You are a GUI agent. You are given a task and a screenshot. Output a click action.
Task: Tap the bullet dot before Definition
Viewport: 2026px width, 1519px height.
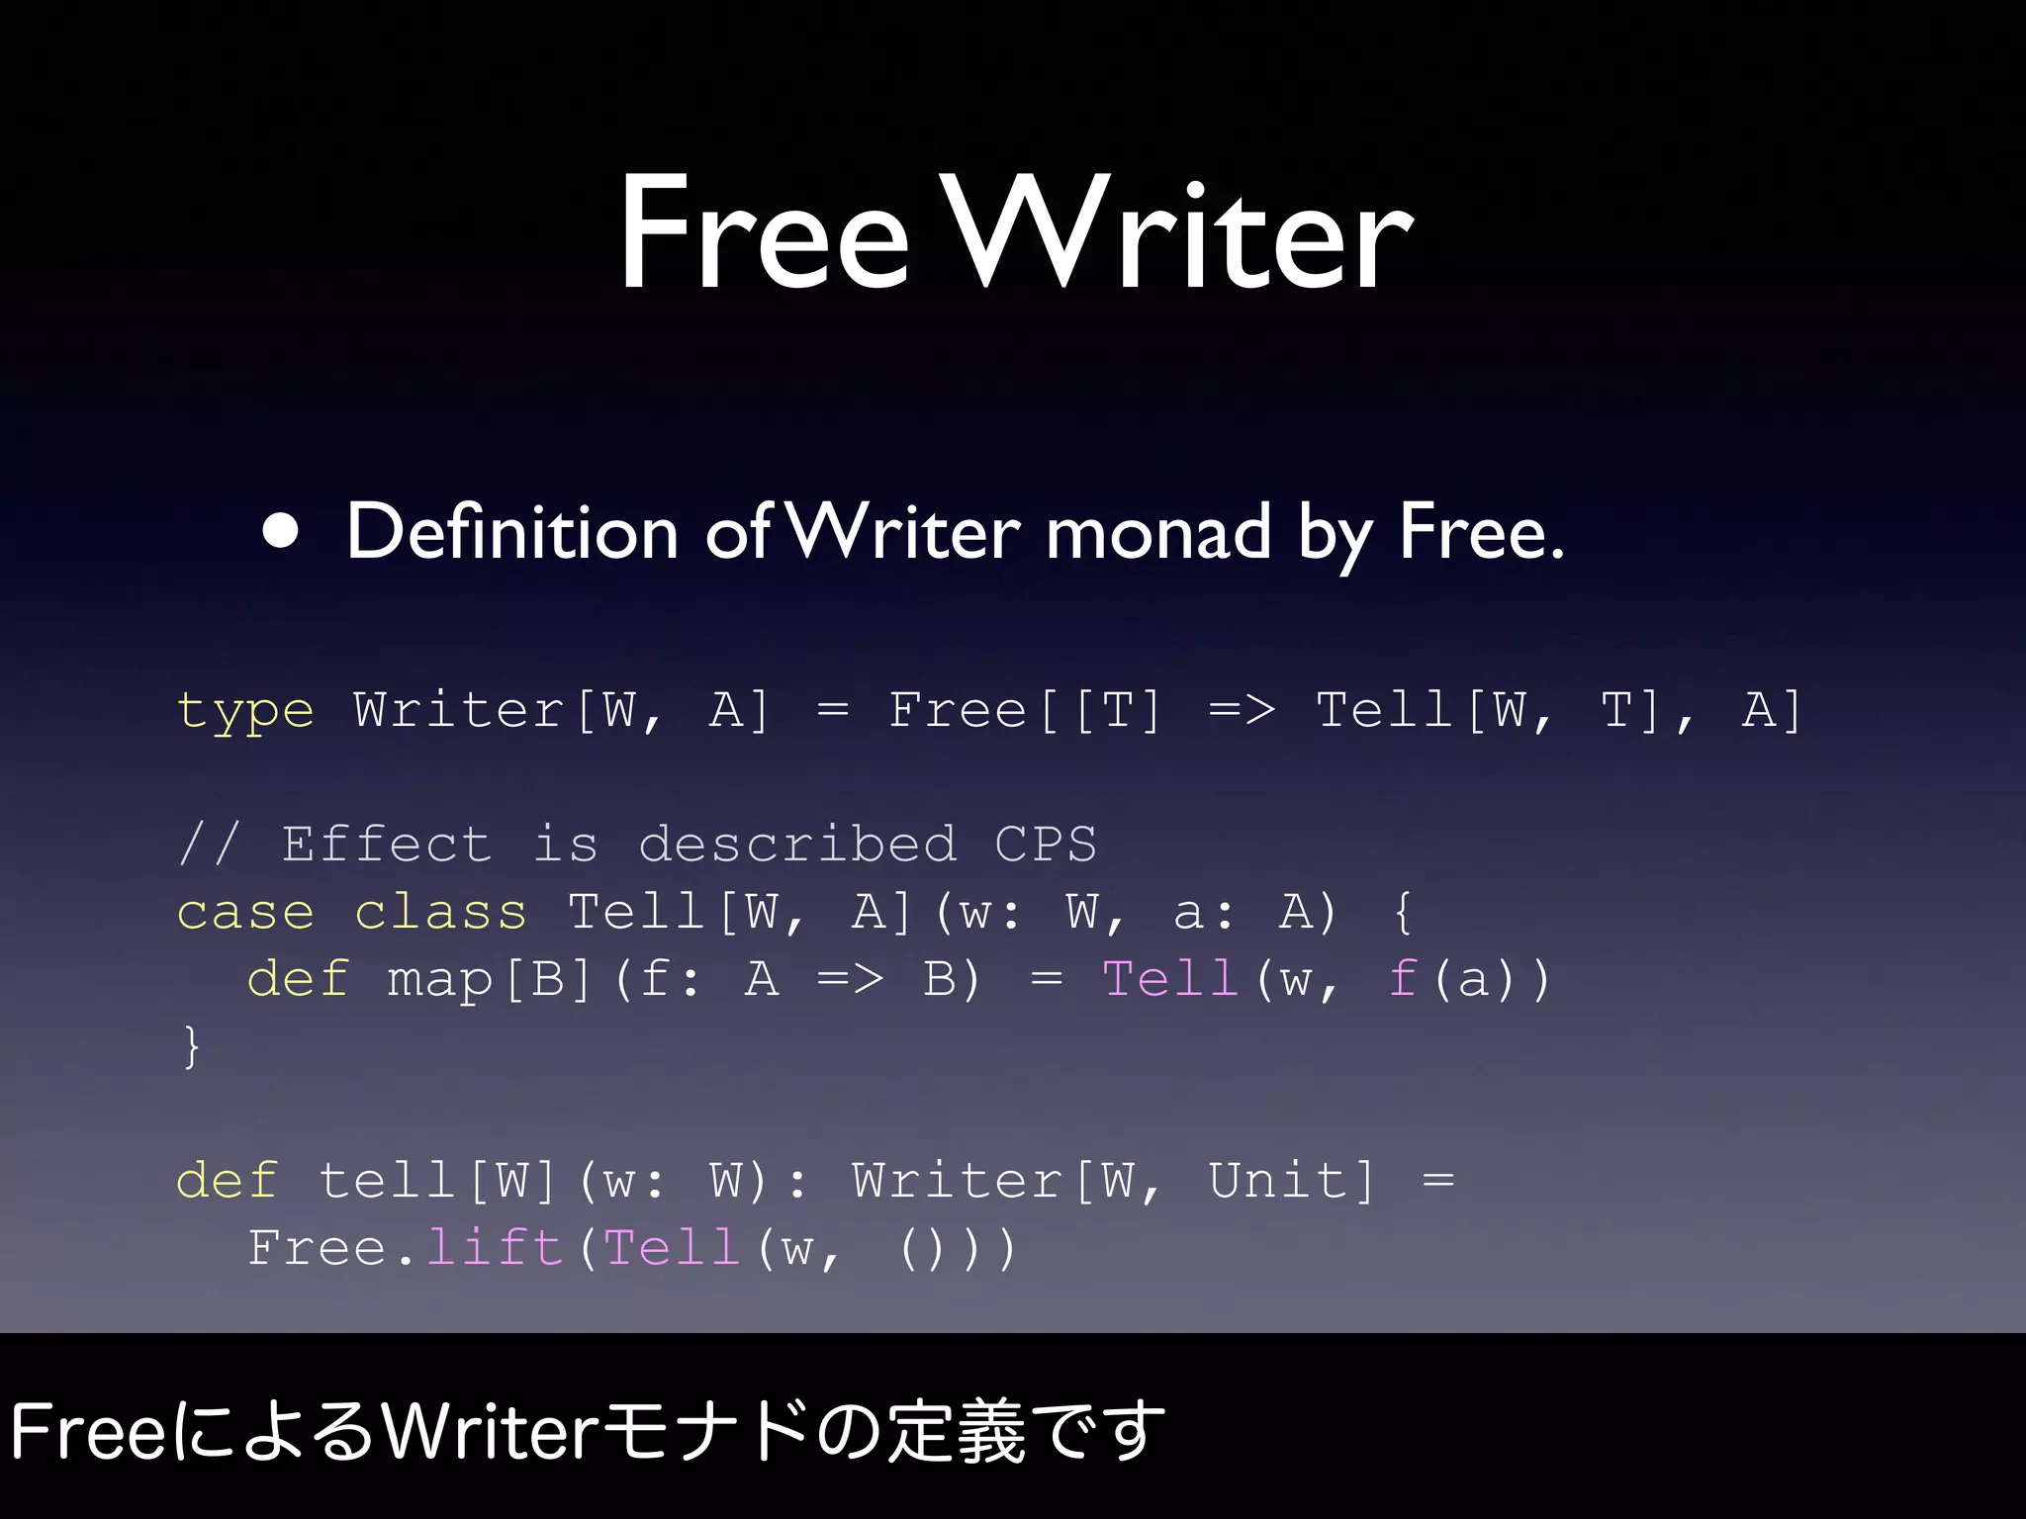281,531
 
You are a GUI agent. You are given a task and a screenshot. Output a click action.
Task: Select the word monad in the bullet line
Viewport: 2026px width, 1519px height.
1157,532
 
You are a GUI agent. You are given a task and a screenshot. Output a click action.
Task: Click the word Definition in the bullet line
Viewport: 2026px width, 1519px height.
511,532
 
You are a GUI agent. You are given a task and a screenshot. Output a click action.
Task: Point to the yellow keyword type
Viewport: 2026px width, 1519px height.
244,711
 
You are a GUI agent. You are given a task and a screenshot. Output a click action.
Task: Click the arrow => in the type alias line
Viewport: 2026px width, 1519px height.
1242,710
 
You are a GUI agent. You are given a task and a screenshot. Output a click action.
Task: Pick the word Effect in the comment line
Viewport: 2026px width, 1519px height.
387,845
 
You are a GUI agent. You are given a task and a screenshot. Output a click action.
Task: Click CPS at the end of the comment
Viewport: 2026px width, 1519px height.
1046,845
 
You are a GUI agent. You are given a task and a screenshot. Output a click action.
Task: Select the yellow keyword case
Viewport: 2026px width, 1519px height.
244,912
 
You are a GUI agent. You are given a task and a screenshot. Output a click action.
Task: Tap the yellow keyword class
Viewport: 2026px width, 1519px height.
440,912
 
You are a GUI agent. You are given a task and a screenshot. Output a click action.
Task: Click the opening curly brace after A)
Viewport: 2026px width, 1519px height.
1401,912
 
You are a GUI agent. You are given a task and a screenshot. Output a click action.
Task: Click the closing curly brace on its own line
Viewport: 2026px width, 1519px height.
191,1046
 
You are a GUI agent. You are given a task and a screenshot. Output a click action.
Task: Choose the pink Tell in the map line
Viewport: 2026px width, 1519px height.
1170,979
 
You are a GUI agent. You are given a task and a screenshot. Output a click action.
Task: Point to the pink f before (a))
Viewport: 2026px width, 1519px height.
1403,979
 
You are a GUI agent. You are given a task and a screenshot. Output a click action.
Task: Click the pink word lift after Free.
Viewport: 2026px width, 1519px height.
494,1248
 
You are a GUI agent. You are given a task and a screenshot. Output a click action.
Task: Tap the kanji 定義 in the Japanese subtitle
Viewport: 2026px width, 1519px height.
956,1431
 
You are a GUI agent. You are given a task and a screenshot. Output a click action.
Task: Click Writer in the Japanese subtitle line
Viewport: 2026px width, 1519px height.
490,1431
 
